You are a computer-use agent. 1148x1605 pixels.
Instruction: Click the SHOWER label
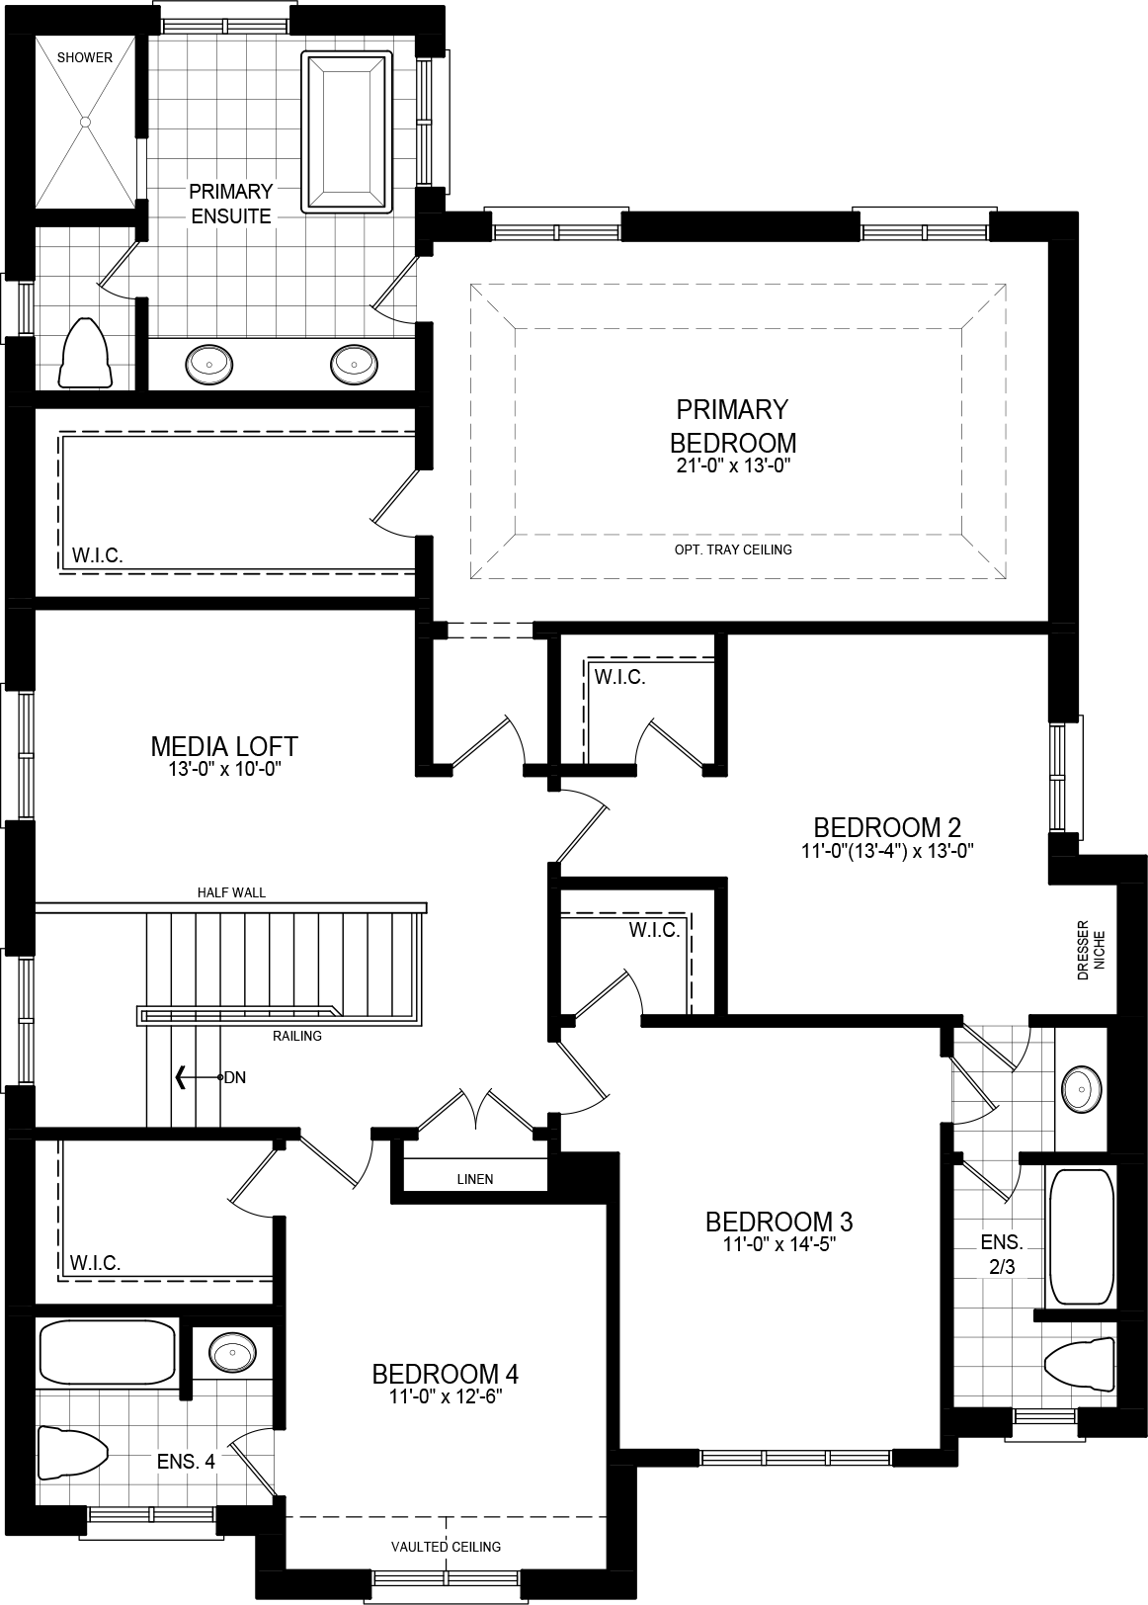(84, 57)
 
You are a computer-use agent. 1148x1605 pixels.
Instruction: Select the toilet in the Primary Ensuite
(86, 354)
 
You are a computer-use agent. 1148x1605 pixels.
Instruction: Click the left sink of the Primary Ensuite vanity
(209, 365)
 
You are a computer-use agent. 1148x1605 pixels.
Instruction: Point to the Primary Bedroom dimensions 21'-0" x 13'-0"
(732, 465)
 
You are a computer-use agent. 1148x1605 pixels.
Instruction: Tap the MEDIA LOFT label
(224, 746)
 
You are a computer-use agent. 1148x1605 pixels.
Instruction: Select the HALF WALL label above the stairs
(231, 892)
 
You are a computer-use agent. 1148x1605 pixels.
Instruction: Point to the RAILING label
(297, 1036)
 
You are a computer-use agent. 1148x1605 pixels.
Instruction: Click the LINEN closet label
(475, 1179)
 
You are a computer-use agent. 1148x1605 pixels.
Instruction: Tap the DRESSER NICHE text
(1091, 951)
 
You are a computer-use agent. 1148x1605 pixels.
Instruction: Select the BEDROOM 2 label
(887, 827)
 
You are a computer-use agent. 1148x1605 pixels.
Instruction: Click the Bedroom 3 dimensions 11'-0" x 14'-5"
(779, 1245)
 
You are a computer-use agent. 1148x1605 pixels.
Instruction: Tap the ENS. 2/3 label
(1001, 1254)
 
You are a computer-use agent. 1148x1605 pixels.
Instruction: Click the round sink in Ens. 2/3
(1082, 1090)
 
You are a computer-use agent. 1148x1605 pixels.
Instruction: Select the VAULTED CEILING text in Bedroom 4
(446, 1547)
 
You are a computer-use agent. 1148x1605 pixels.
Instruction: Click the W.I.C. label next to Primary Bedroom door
(97, 555)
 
